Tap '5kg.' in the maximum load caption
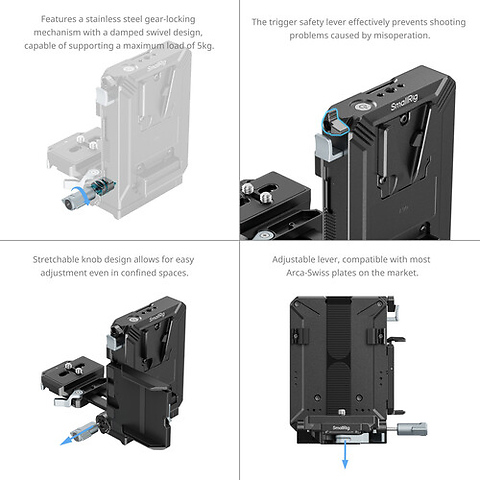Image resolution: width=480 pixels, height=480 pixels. pyautogui.click(x=201, y=46)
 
